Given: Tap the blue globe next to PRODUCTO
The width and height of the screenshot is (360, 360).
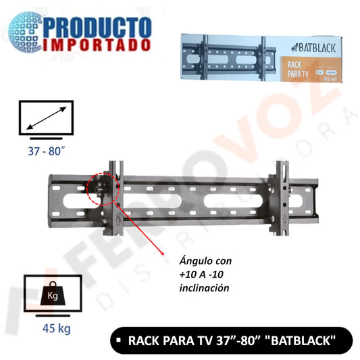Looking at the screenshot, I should click(x=27, y=31).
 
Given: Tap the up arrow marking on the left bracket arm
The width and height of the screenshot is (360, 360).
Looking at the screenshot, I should click(x=117, y=220).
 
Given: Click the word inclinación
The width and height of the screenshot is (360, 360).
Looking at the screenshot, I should click(x=195, y=288).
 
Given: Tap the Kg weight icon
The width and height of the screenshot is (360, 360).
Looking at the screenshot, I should click(x=52, y=294).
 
